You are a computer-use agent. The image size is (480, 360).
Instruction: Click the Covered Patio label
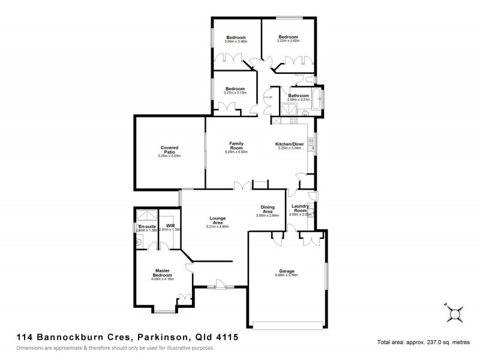(x=169, y=150)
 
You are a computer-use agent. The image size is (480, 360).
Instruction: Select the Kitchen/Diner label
(x=290, y=145)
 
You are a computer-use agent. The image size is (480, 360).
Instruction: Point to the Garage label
(x=286, y=271)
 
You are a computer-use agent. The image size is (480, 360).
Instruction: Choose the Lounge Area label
(x=217, y=220)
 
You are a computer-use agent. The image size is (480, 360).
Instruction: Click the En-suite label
(x=146, y=226)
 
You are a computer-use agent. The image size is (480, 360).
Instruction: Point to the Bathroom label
(x=298, y=95)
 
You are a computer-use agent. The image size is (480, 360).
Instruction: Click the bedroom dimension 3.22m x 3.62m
(x=288, y=41)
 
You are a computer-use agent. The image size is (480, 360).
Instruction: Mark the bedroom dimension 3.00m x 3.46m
(x=236, y=41)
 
